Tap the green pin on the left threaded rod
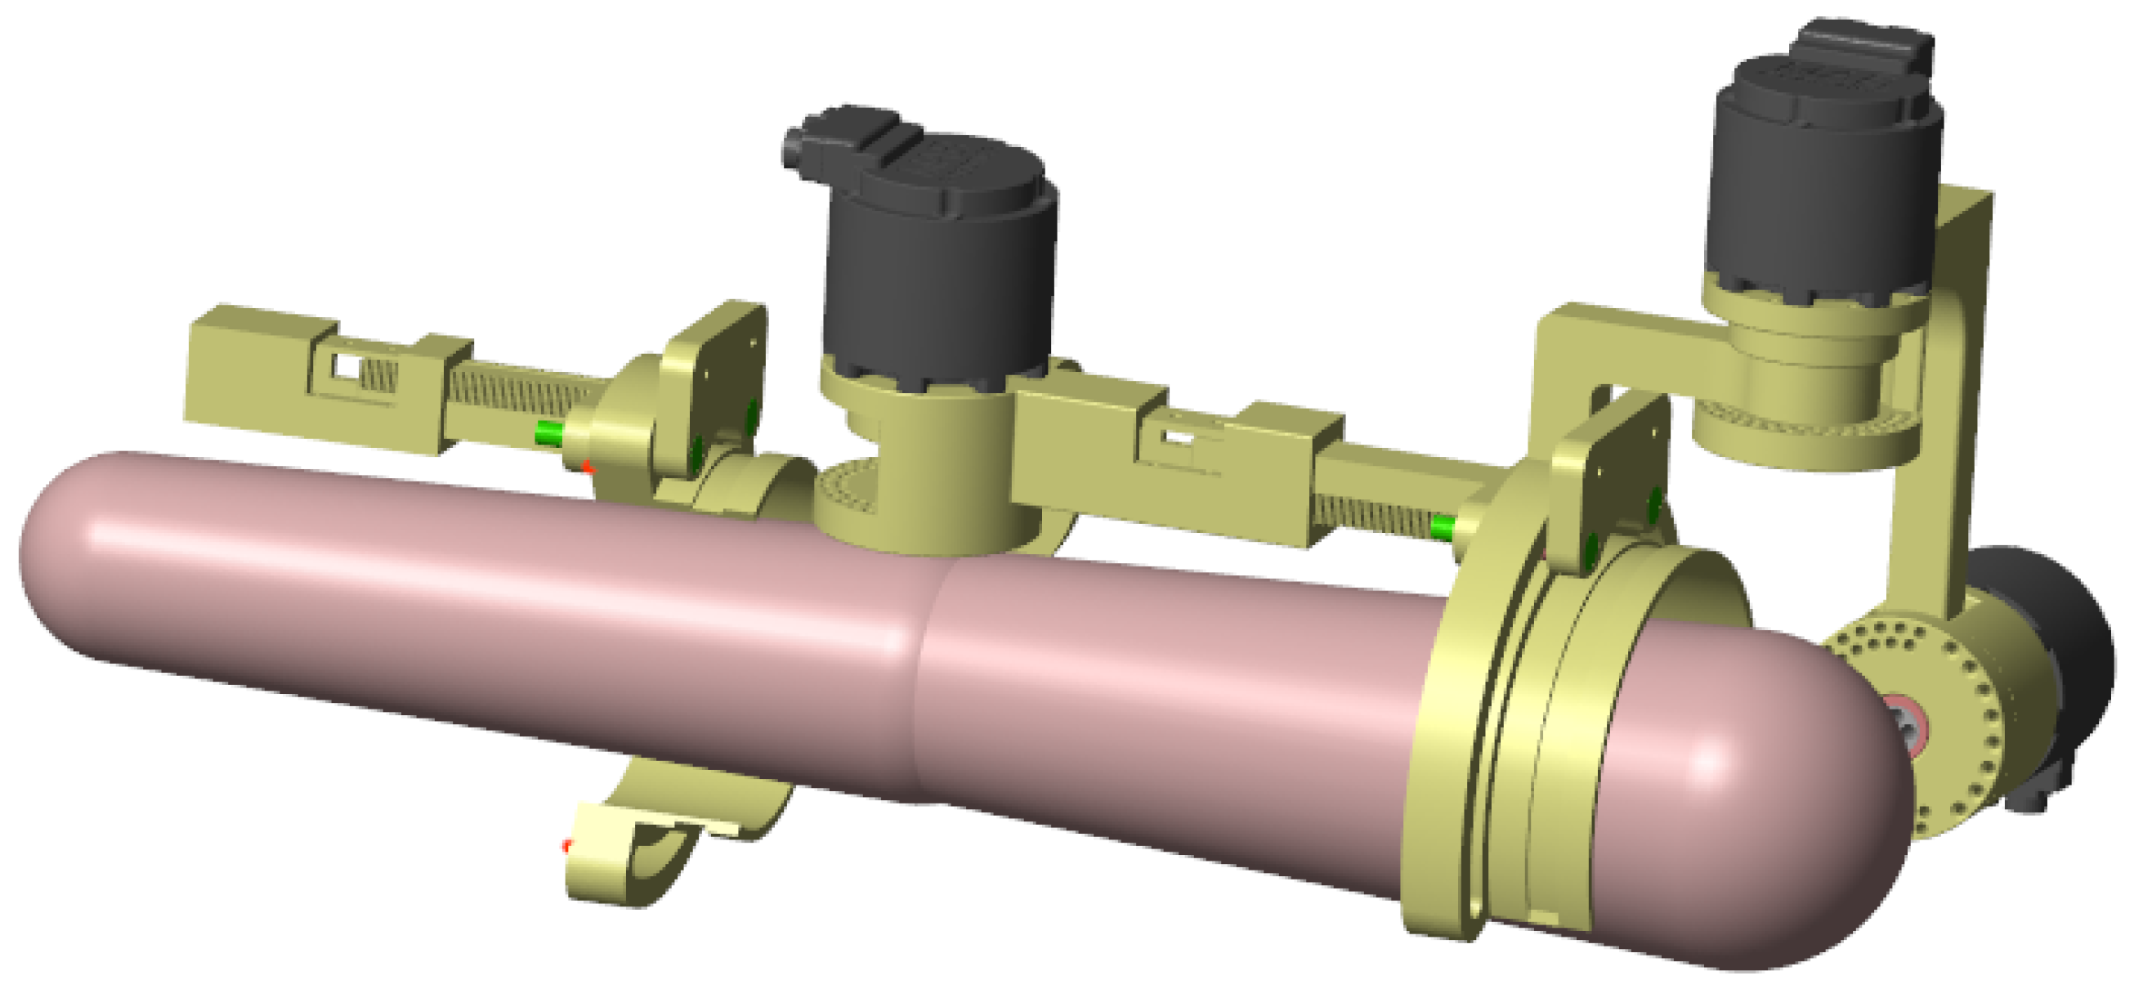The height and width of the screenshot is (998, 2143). (548, 432)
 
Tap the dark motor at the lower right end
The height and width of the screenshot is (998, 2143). (2063, 649)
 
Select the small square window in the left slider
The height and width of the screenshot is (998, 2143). (345, 365)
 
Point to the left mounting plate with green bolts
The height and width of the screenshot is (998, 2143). (715, 383)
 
